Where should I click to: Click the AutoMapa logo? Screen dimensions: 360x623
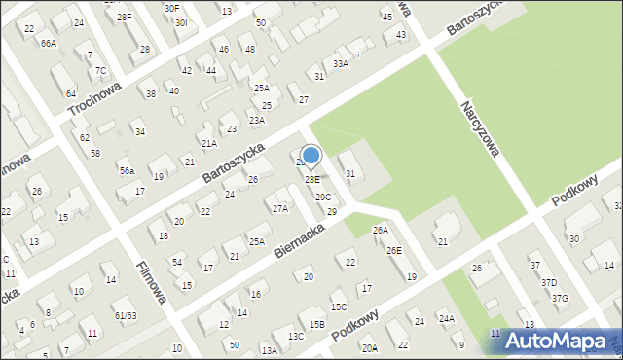(559, 341)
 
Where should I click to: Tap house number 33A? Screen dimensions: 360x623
(340, 63)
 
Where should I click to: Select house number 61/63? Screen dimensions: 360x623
(125, 315)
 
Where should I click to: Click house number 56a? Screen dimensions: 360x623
(126, 170)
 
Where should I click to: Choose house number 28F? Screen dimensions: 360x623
(124, 18)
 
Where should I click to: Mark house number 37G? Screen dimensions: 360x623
(560, 298)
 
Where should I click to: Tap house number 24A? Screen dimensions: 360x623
(446, 318)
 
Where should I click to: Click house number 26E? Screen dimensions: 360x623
(393, 250)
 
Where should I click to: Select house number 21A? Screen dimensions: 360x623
(208, 143)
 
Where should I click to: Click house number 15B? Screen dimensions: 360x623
(317, 324)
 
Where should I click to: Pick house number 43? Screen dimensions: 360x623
(401, 34)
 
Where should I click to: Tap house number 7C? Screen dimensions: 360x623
(100, 70)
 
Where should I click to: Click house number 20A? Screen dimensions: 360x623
(369, 348)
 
